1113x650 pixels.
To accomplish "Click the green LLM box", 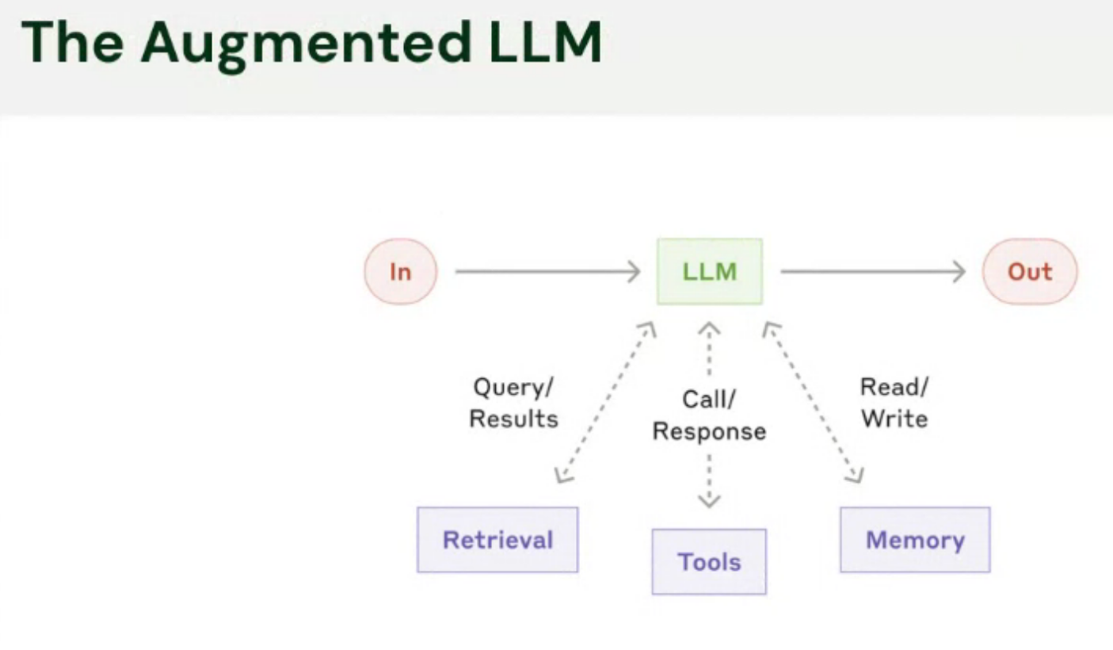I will pos(709,272).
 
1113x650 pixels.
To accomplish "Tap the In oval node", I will pos(400,272).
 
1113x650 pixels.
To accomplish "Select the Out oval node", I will pos(1029,272).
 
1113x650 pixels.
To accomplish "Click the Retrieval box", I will pos(497,540).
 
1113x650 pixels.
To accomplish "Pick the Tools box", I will pos(709,562).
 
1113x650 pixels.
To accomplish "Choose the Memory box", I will pos(915,540).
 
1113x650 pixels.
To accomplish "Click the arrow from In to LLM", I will pos(547,272).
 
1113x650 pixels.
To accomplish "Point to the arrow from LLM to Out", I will pos(871,272).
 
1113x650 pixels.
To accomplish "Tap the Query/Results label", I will pos(513,403).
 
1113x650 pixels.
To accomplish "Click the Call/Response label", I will pos(709,415).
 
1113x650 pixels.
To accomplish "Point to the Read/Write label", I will pos(894,403).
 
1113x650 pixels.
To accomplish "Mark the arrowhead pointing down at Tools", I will pos(709,499).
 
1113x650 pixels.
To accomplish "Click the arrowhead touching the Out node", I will pos(959,272).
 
